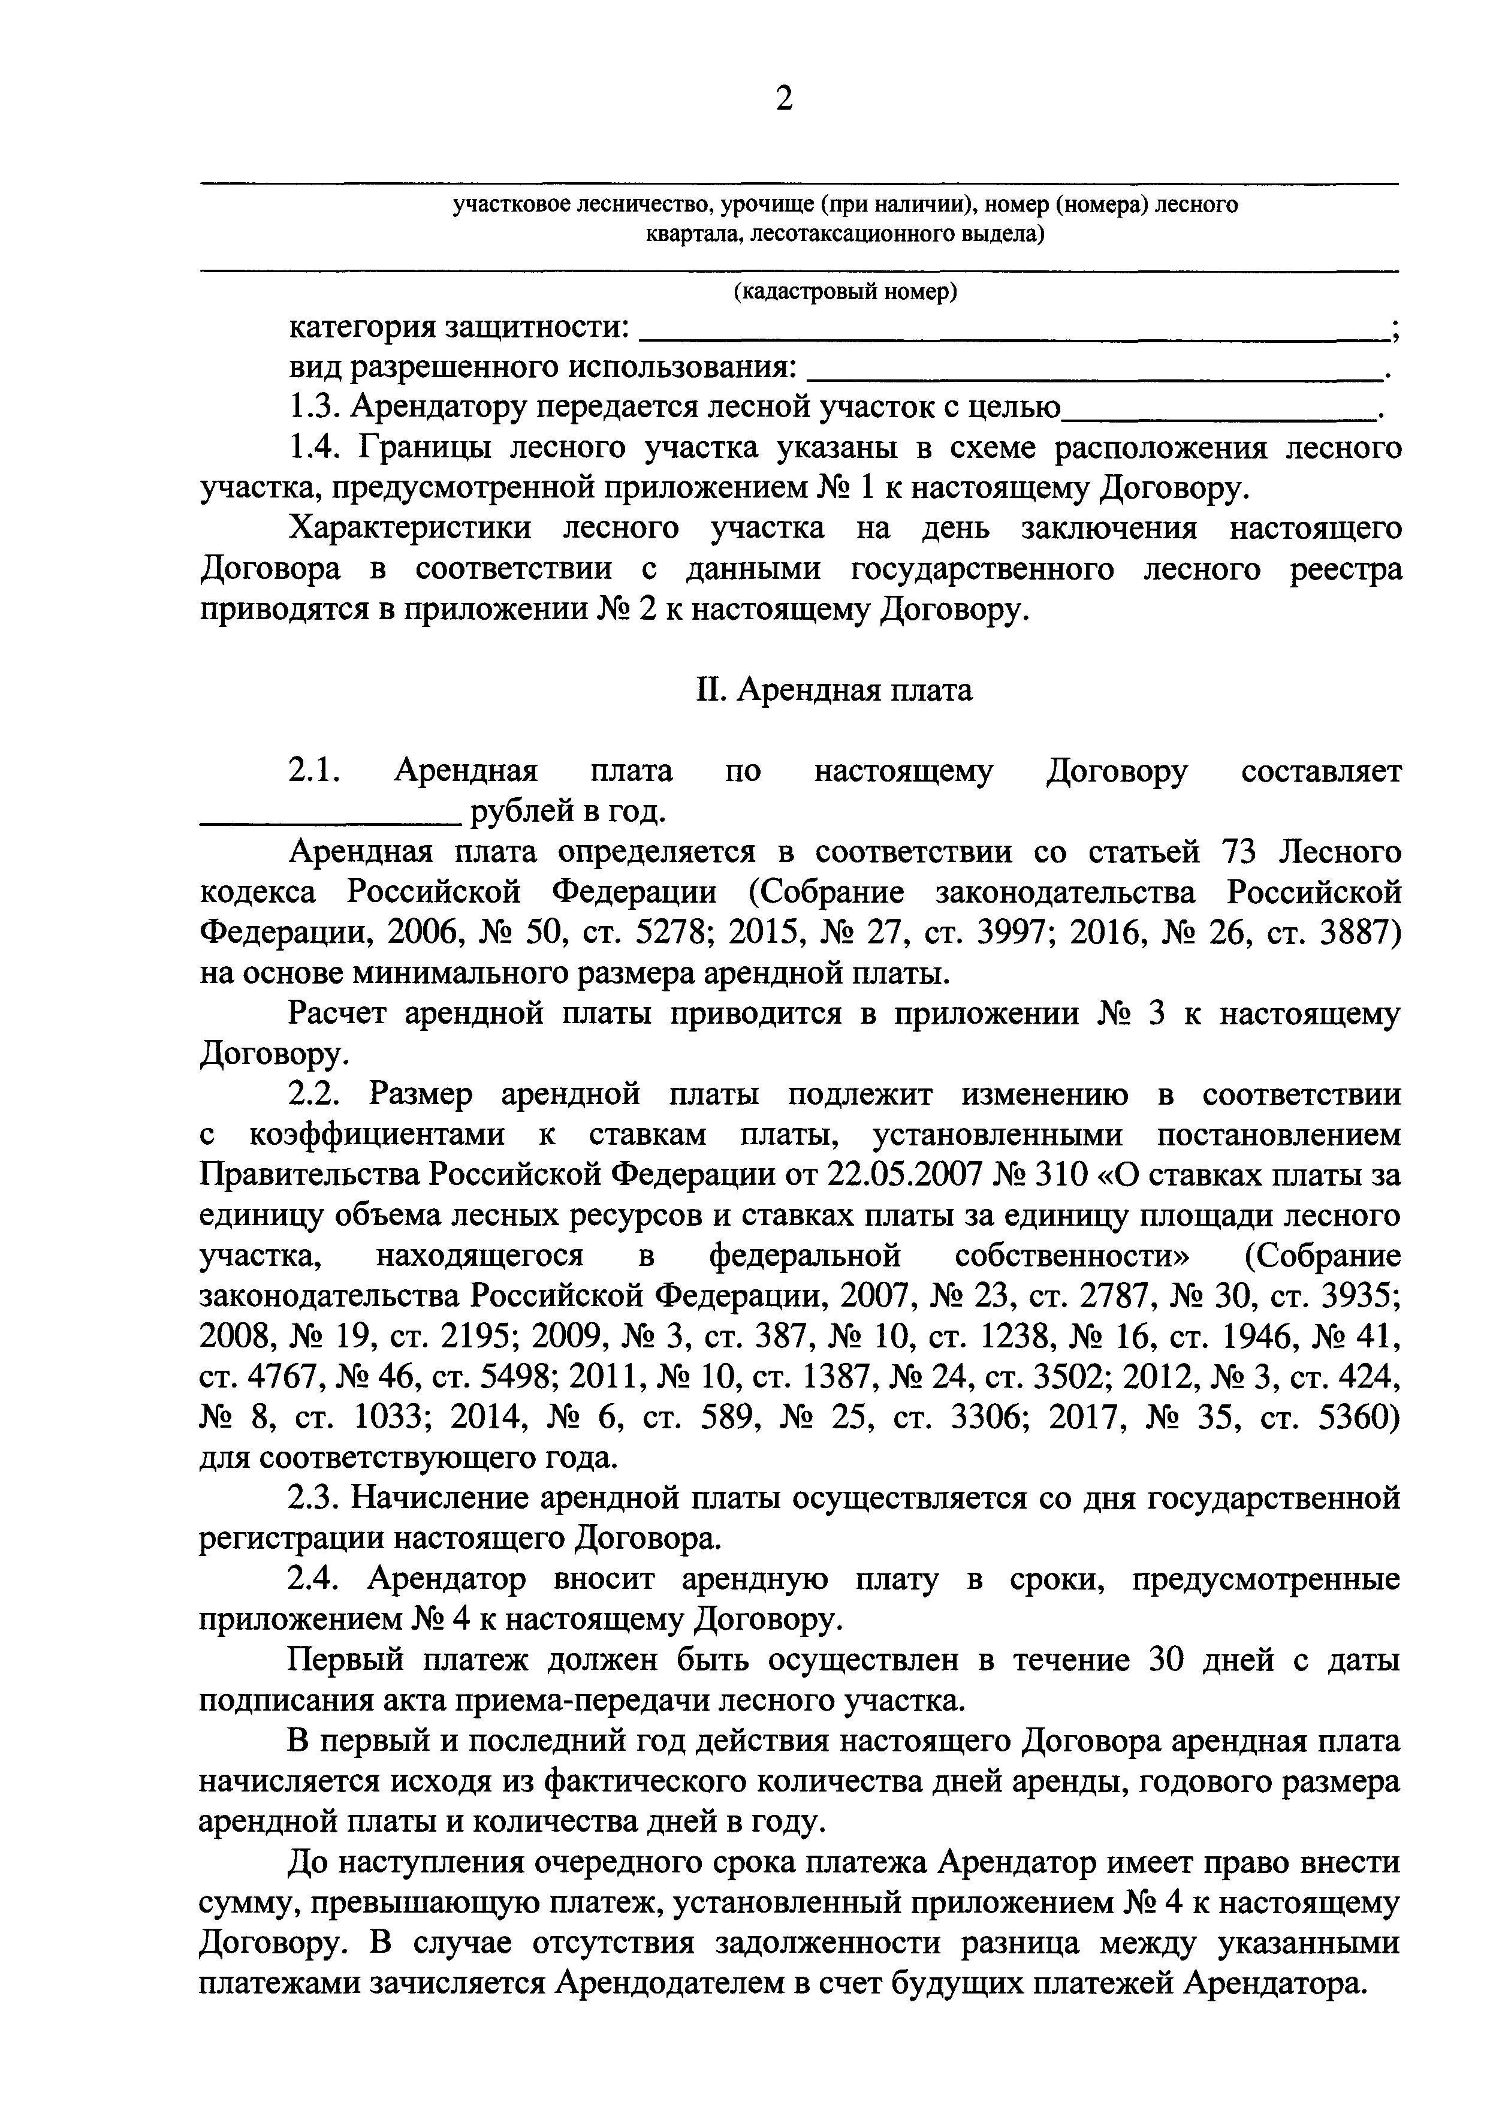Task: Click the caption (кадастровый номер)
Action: pyautogui.click(x=845, y=291)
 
